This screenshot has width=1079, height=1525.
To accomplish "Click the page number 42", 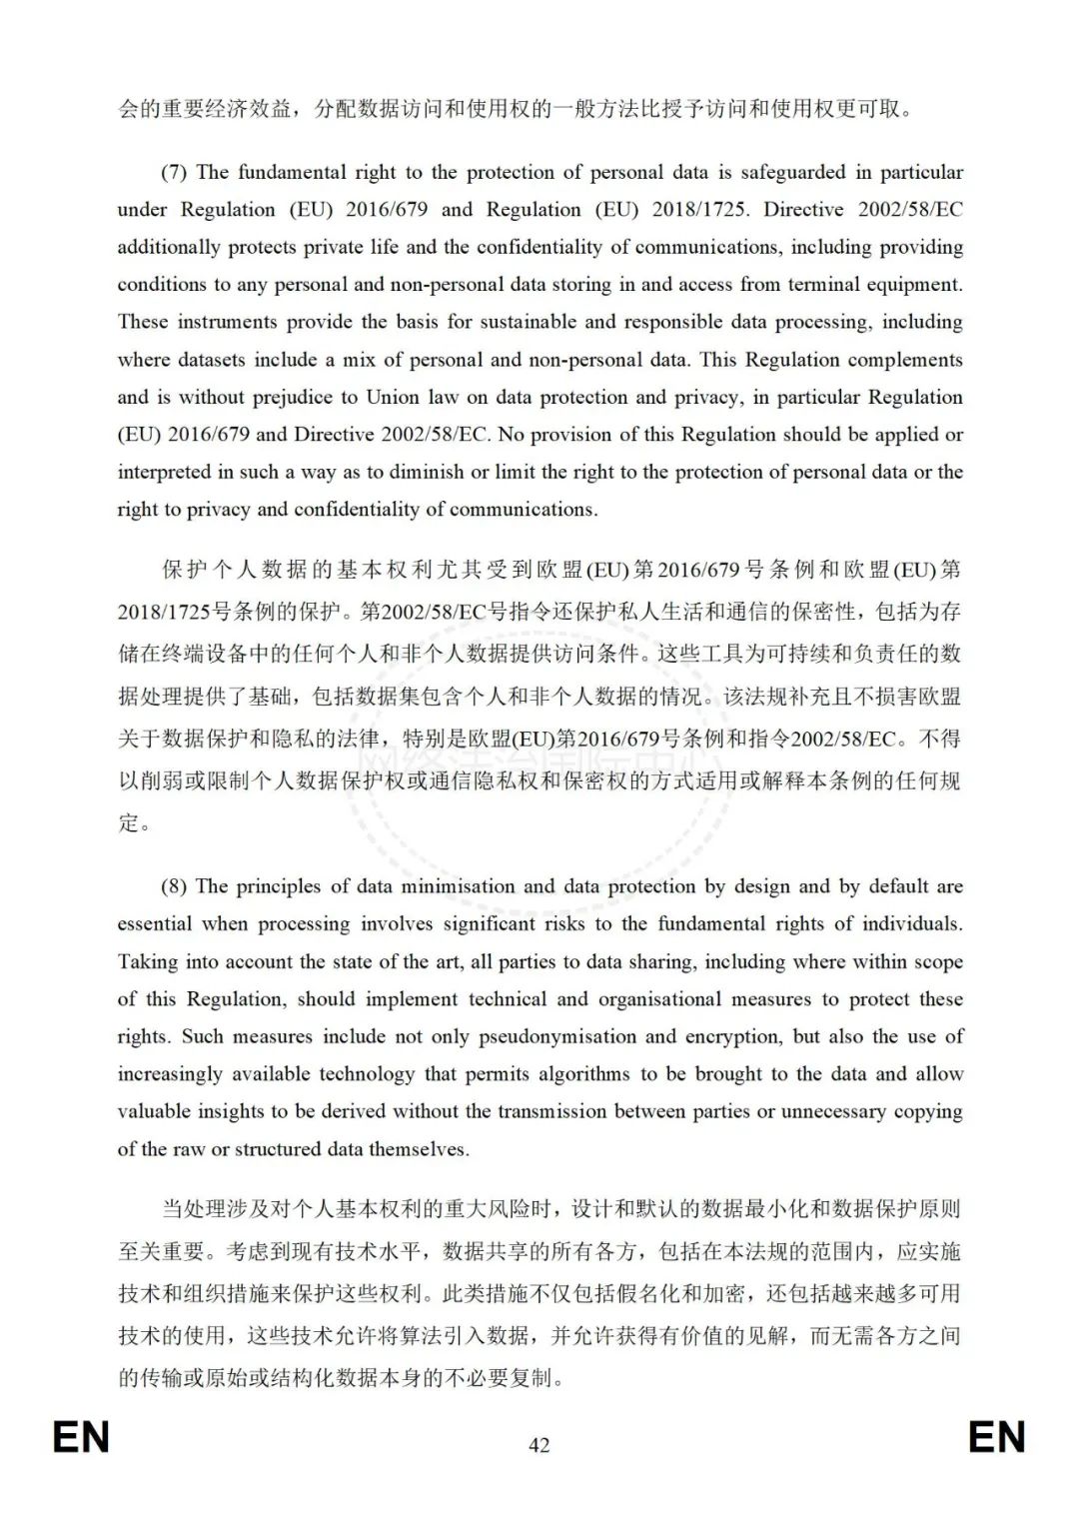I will tap(539, 1444).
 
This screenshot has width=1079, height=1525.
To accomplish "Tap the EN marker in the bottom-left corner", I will tap(81, 1438).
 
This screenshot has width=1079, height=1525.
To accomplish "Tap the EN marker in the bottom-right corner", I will tap(996, 1438).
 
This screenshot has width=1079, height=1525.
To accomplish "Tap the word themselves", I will tap(419, 1149).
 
